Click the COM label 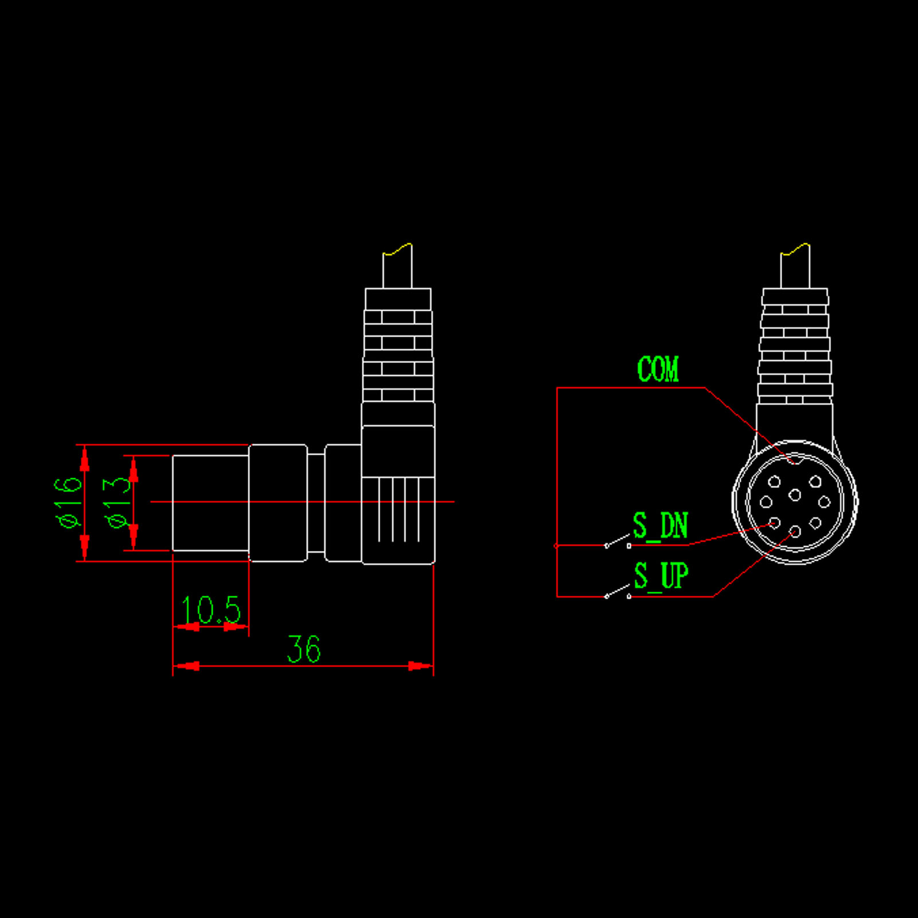coord(658,369)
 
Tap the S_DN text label coord(660,525)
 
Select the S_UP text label coord(661,576)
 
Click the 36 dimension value coord(303,649)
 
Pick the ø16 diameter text coord(68,502)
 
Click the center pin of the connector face coord(795,495)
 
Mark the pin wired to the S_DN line coord(775,523)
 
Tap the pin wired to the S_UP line coord(795,532)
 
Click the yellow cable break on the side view coord(397,249)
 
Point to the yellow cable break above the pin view coord(795,249)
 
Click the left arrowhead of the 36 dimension coord(186,666)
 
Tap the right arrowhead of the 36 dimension coord(420,666)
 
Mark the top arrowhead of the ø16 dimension coord(85,459)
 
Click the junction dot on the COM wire coord(556,546)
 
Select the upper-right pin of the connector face coord(815,482)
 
